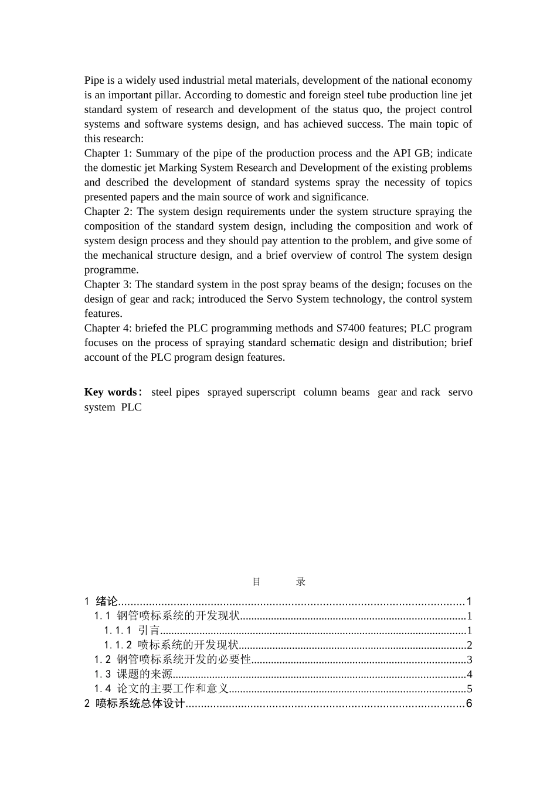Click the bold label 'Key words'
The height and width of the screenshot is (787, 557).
tap(110, 392)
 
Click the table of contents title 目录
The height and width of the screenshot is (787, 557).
tap(278, 582)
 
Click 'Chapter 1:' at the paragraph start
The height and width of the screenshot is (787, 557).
tap(108, 153)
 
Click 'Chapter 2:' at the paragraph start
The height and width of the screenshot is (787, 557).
tap(108, 211)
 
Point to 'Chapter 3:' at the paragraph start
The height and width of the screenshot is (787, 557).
tap(108, 285)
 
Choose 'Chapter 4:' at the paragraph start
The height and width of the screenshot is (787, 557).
tap(108, 328)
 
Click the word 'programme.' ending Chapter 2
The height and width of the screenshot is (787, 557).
tap(111, 270)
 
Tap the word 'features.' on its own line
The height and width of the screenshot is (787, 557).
tap(103, 314)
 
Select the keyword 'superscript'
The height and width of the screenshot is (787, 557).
tap(270, 392)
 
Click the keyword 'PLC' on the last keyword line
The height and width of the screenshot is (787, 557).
tap(131, 408)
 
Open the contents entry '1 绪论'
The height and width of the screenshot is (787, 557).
tap(101, 601)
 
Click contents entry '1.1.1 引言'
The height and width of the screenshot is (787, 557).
tap(132, 631)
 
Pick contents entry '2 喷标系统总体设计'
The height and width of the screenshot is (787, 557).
tap(135, 704)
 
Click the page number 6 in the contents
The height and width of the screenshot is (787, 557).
tap(469, 704)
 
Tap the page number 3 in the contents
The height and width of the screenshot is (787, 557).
tap(470, 660)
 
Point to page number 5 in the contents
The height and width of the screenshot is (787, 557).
tap(470, 689)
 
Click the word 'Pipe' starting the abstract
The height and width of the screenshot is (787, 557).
tap(94, 80)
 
